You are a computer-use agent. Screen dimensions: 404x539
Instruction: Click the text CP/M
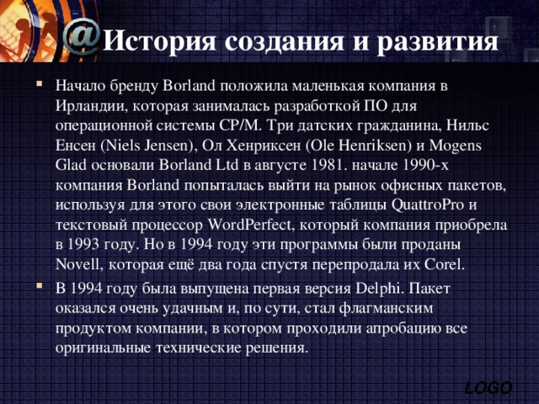[241, 126]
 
